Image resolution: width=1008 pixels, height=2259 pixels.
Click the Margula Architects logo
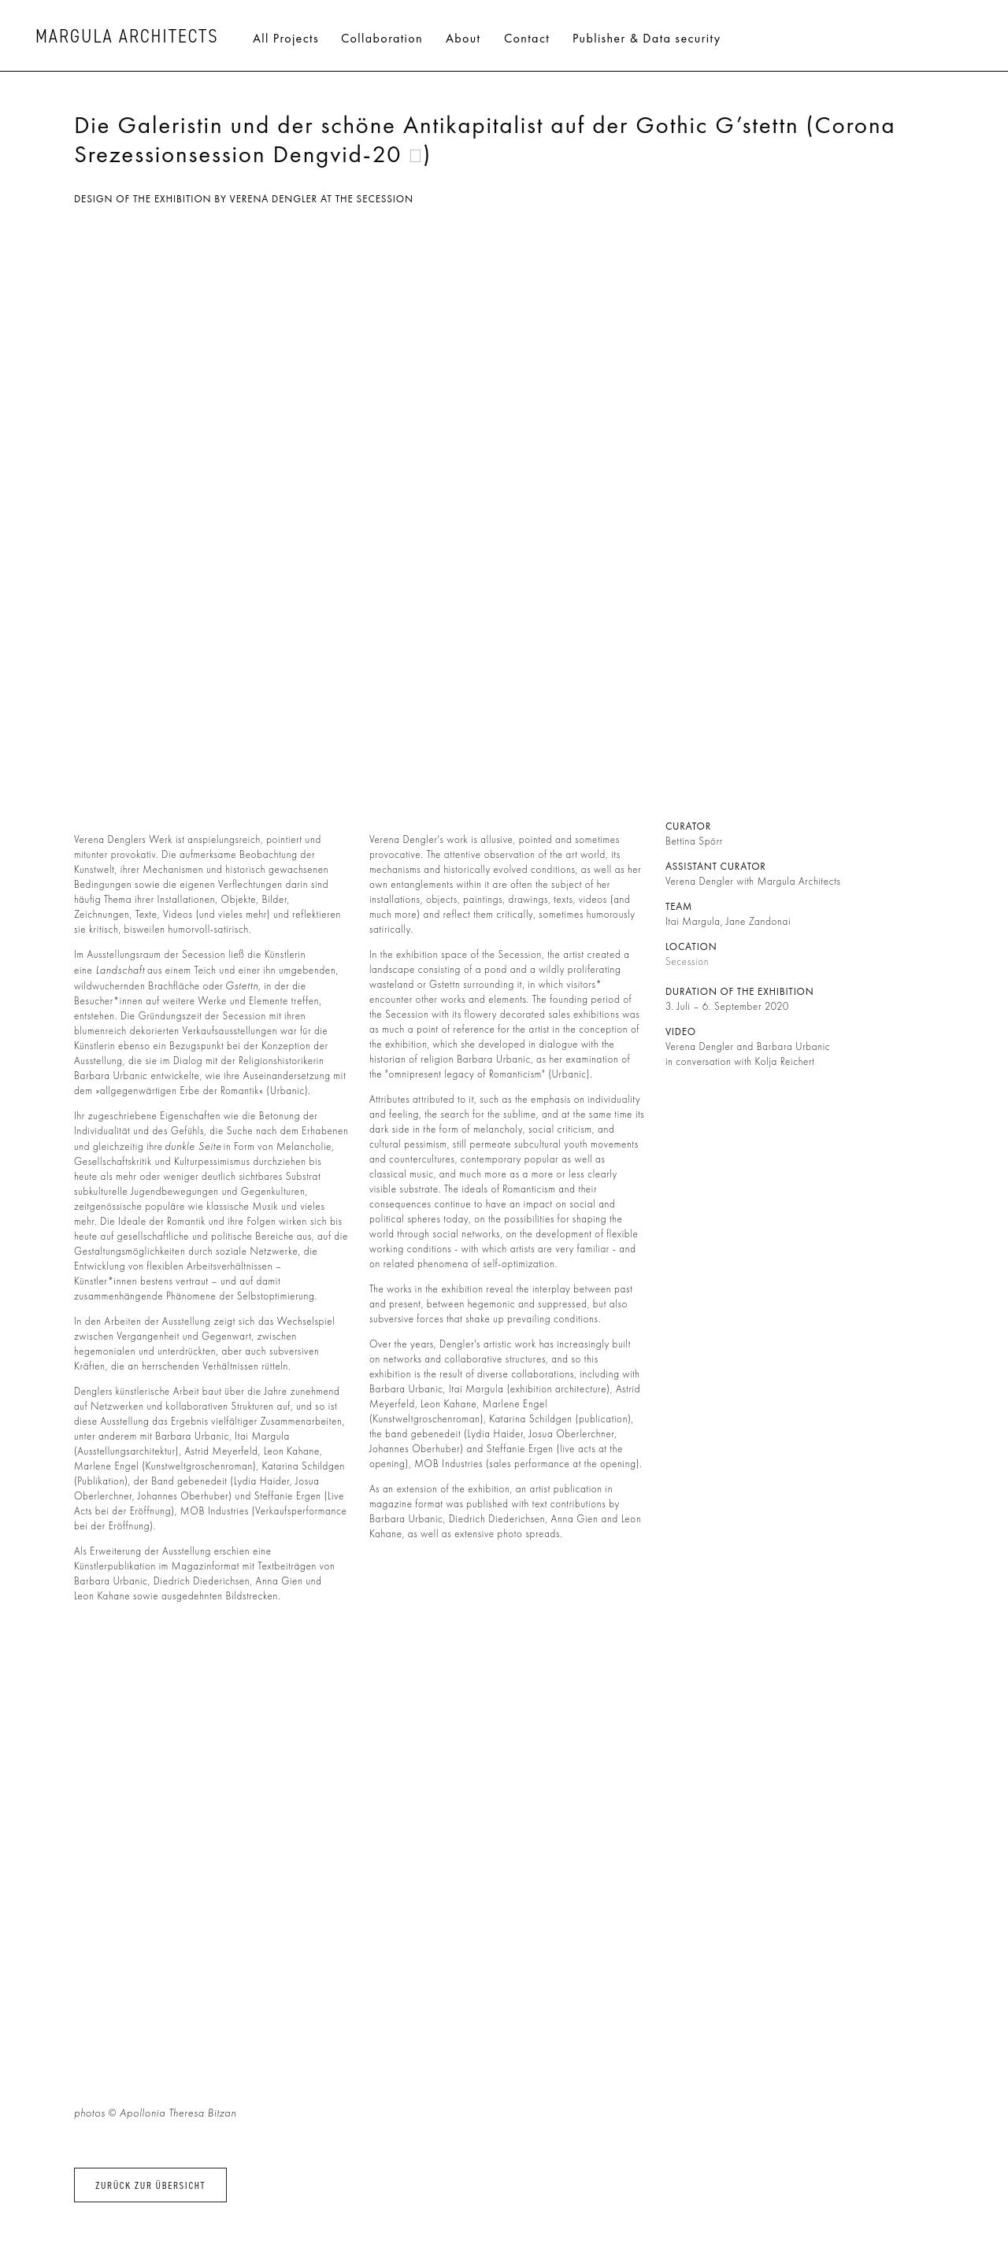pyautogui.click(x=126, y=37)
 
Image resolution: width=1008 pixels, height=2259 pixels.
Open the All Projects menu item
pyautogui.click(x=285, y=39)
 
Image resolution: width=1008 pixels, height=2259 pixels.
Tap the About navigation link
pyautogui.click(x=462, y=39)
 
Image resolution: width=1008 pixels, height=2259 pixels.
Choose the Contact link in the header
pyautogui.click(x=526, y=39)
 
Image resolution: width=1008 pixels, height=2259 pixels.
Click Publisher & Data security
pyautogui.click(x=646, y=39)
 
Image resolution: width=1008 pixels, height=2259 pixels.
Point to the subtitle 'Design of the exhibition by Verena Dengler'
pyautogui.click(x=243, y=199)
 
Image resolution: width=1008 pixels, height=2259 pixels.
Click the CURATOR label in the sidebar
pyautogui.click(x=687, y=826)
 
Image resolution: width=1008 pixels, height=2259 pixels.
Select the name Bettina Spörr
pyautogui.click(x=693, y=841)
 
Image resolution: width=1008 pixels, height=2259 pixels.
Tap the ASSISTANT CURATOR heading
pyautogui.click(x=715, y=867)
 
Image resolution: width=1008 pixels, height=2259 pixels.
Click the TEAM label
pyautogui.click(x=678, y=907)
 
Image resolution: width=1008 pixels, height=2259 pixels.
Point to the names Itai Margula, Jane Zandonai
pyautogui.click(x=728, y=922)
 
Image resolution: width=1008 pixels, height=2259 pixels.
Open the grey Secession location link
pyautogui.click(x=686, y=962)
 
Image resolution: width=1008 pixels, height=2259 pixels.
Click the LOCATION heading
pyautogui.click(x=691, y=947)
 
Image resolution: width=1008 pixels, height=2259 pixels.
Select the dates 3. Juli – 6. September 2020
pyautogui.click(x=726, y=1007)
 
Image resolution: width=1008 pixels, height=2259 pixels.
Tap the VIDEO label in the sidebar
pyautogui.click(x=680, y=1032)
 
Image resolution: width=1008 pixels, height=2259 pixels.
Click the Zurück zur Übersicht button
pyautogui.click(x=150, y=2185)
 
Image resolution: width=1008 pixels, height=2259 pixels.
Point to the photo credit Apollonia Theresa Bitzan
pyautogui.click(x=177, y=2113)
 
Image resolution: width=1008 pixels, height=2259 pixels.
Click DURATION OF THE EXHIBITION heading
pyautogui.click(x=739, y=992)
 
